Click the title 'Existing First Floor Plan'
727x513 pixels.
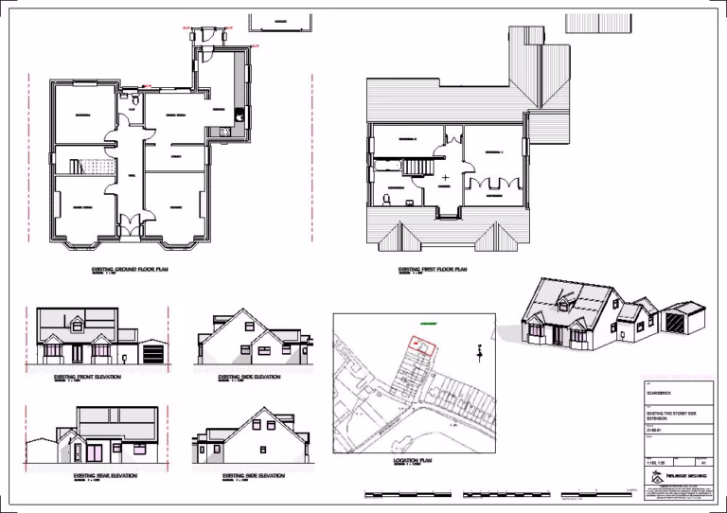434,270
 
